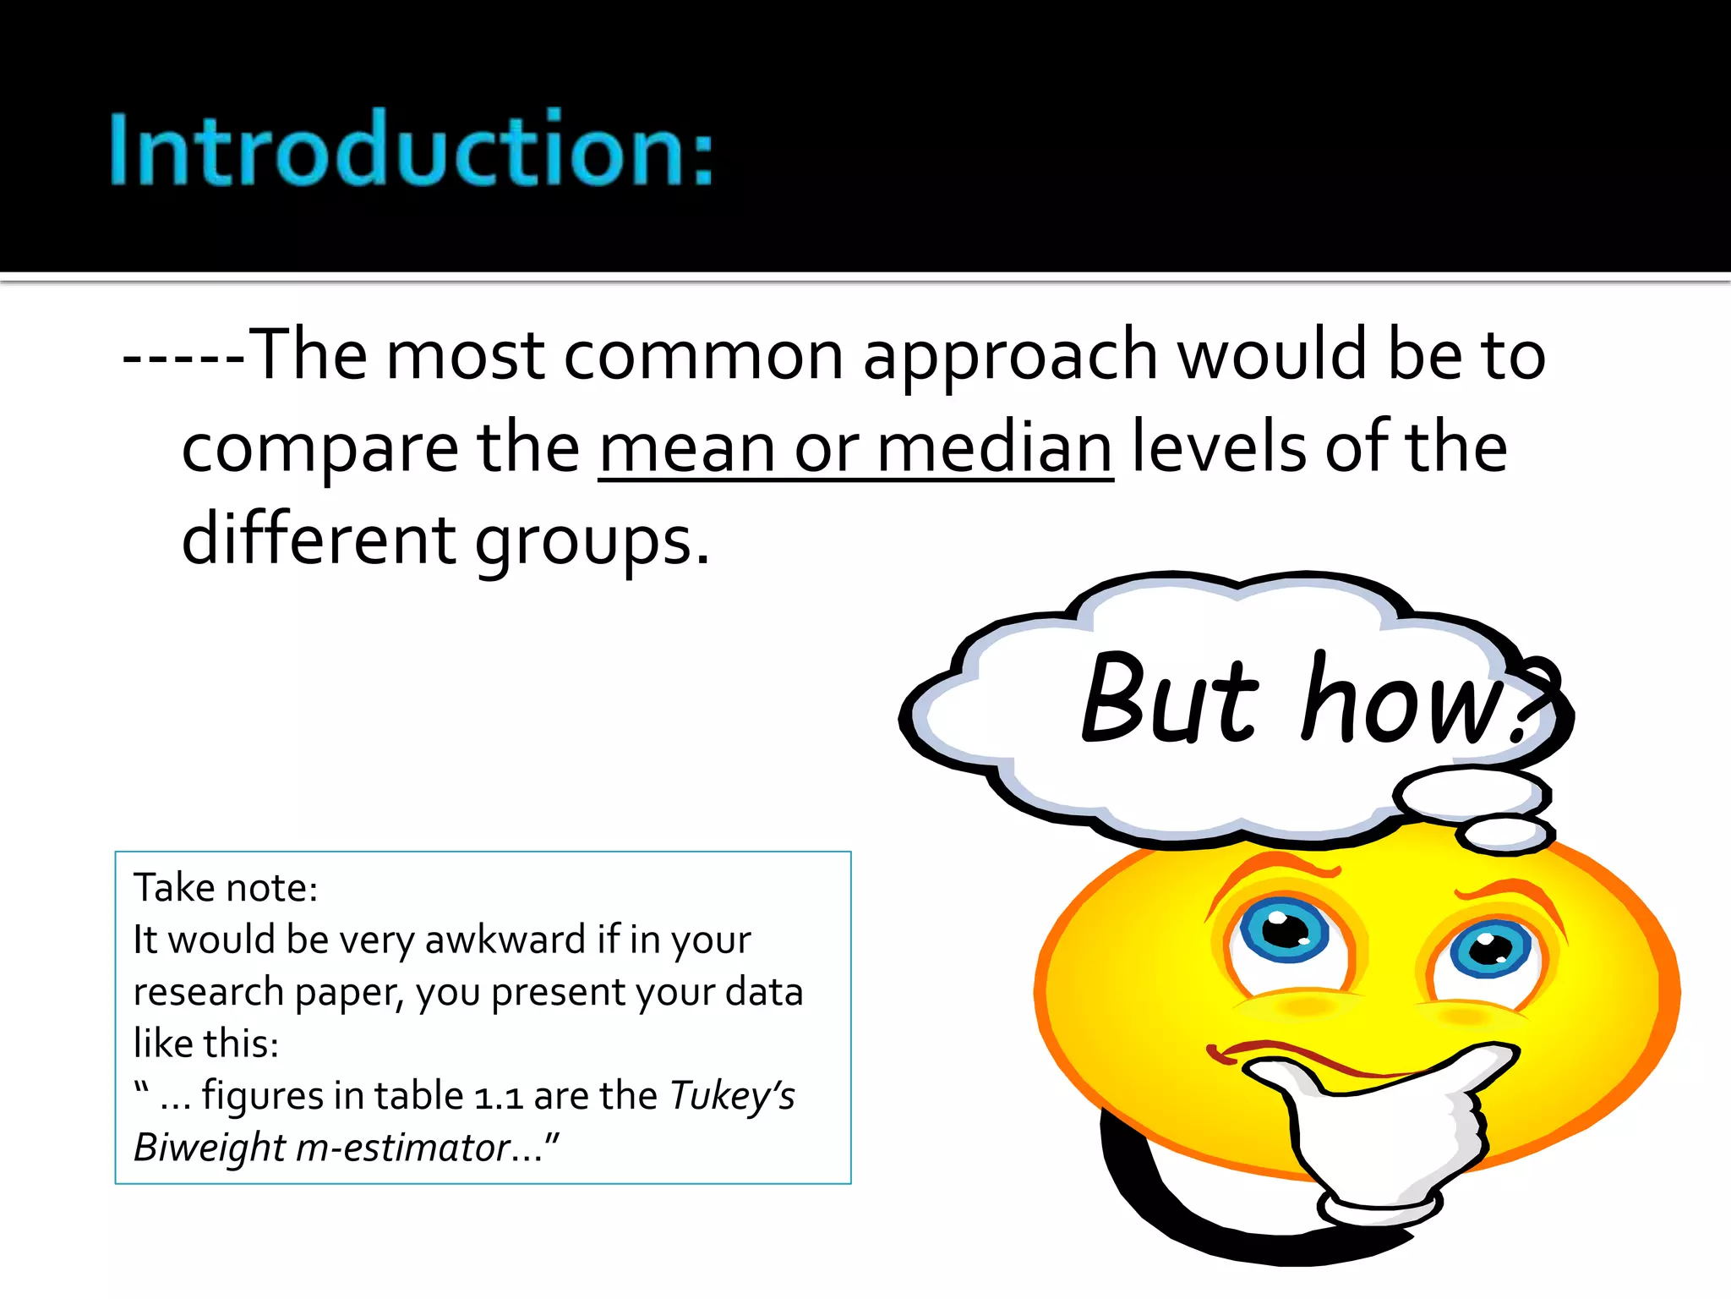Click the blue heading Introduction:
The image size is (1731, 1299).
(412, 149)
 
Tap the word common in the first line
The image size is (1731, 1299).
(703, 355)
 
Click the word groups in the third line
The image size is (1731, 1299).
(592, 541)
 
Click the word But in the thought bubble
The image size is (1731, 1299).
(1170, 699)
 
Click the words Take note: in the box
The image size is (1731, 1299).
(226, 888)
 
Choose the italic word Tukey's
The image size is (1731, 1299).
(732, 1097)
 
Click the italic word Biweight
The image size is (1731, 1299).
(210, 1148)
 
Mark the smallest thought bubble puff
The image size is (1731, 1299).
(1506, 835)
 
